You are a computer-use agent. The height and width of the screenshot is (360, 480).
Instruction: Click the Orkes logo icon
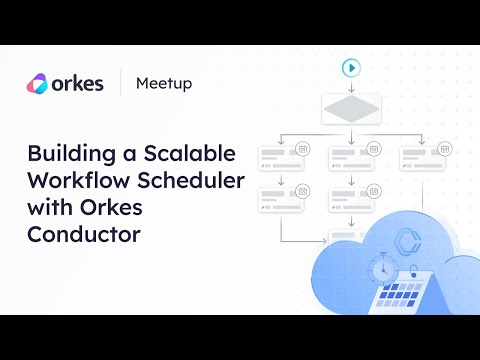point(37,83)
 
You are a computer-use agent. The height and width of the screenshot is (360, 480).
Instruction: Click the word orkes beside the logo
point(79,83)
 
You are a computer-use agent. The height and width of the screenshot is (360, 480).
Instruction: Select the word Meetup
point(164,83)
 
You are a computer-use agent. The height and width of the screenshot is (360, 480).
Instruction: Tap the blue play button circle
point(351,68)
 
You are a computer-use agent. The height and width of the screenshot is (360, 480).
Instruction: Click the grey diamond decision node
point(351,110)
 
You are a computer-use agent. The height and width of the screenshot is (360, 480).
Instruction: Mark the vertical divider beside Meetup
point(121,83)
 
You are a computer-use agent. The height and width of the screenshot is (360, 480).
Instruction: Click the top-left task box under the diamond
point(281,157)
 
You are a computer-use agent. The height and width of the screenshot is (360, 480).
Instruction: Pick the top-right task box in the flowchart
point(421,157)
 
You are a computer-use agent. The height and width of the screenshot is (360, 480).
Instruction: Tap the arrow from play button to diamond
point(351,86)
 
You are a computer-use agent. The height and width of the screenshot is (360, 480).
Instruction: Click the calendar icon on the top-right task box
point(443,148)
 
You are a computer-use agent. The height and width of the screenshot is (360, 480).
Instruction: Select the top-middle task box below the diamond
point(351,157)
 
